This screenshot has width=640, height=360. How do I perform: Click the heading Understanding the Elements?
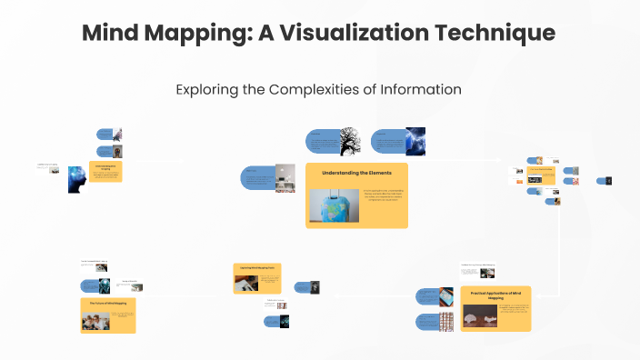[356, 172]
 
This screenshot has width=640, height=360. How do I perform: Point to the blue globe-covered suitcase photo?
[335, 205]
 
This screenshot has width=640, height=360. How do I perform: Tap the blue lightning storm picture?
[415, 141]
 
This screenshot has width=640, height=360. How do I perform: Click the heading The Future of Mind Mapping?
[107, 302]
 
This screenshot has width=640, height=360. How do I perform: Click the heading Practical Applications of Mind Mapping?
[495, 295]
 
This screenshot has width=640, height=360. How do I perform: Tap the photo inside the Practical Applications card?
[480, 315]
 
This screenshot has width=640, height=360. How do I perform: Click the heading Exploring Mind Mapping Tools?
[260, 267]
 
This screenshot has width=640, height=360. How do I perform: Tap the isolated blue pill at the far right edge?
[603, 181]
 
